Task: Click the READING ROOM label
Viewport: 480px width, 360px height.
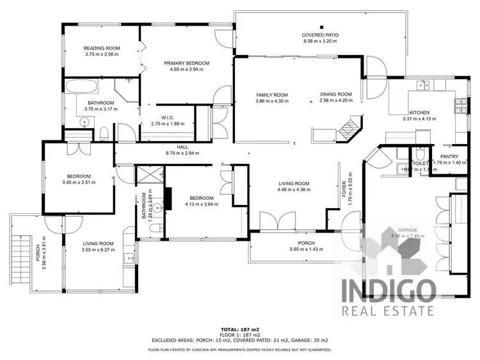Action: [x=102, y=48]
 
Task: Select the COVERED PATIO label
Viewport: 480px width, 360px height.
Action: [x=320, y=35]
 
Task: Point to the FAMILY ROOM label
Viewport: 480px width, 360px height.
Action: [x=271, y=95]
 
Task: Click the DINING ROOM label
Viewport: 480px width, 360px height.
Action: [x=336, y=95]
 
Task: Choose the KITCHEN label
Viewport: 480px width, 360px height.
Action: [x=419, y=113]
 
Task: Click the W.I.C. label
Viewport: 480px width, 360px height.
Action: [x=168, y=117]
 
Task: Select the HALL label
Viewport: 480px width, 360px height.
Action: [x=182, y=147]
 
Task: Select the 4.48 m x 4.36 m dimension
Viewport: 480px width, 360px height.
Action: [x=294, y=190]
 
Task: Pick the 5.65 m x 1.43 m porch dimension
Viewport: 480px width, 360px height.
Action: [x=306, y=249]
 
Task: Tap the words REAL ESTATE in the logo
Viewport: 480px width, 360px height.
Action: [x=387, y=311]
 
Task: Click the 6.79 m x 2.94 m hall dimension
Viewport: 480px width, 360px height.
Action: [x=182, y=154]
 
